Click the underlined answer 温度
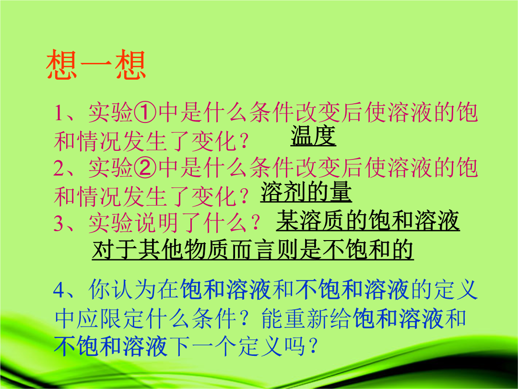pos(313,136)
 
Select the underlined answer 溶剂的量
pos(306,192)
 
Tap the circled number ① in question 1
pos(145,112)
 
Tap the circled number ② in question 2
pos(145,168)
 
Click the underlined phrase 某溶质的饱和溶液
pos(368,220)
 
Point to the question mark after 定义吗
pos(313,346)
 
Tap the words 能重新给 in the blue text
pos(306,318)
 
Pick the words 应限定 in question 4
pos(111,318)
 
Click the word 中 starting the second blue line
pos(65,318)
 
